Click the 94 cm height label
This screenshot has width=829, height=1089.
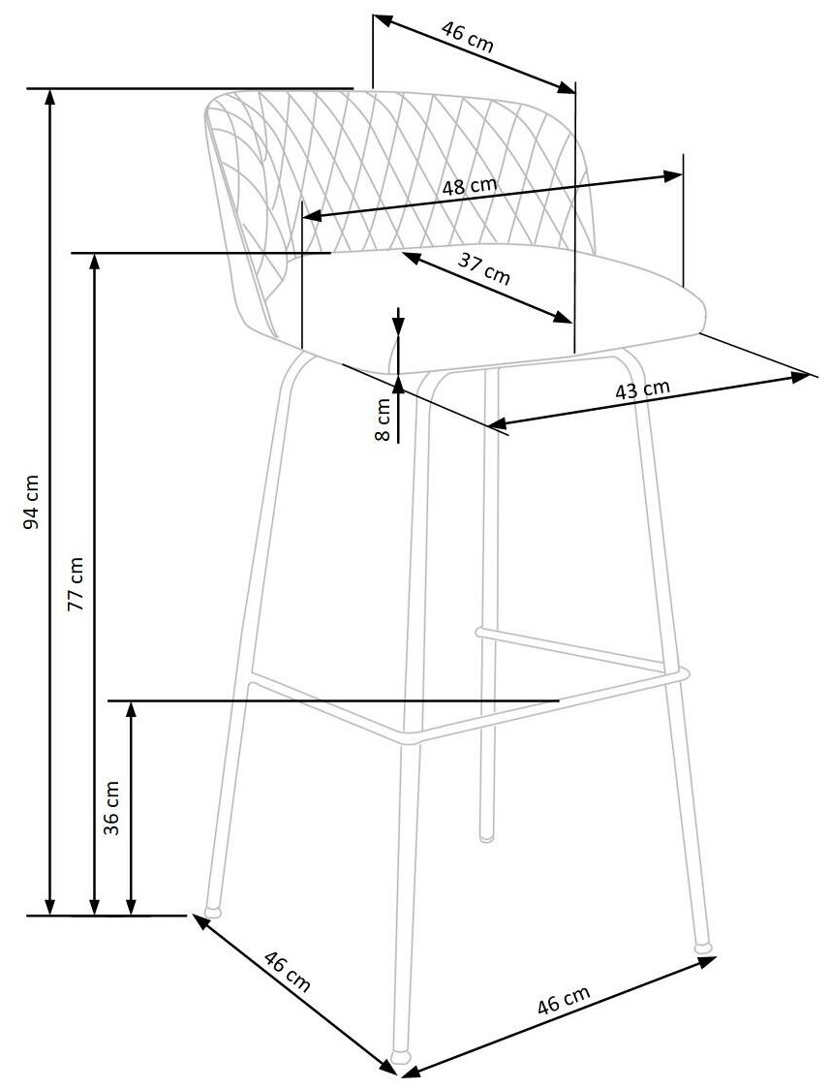click(x=32, y=502)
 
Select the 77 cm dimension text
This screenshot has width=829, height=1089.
click(x=77, y=582)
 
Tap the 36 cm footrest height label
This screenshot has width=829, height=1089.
click(x=111, y=807)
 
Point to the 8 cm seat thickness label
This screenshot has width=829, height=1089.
click(x=383, y=420)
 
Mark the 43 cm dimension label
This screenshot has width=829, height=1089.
click(x=643, y=389)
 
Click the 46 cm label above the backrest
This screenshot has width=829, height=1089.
click(x=468, y=37)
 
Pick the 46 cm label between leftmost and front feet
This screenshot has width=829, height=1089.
click(x=287, y=973)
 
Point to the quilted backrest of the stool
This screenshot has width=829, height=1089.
click(x=407, y=165)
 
